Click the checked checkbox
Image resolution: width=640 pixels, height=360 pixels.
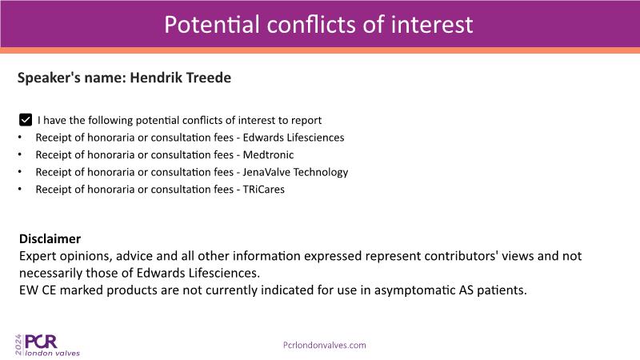(26, 120)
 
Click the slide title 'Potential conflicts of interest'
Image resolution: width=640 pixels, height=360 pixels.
(318, 25)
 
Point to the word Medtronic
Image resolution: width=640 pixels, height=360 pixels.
(268, 154)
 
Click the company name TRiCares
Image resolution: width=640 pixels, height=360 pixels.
(264, 190)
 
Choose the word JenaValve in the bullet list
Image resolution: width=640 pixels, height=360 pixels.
(266, 172)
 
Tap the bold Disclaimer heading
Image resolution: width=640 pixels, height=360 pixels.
(50, 238)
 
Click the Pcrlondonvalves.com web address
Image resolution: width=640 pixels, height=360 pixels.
(325, 346)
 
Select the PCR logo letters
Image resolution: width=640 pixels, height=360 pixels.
(41, 342)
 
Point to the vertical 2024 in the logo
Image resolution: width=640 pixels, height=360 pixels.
(18, 345)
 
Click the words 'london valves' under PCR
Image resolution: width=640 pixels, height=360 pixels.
(52, 353)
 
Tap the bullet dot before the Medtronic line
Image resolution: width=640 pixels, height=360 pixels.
(19, 154)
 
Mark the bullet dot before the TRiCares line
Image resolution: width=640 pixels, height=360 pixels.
(19, 189)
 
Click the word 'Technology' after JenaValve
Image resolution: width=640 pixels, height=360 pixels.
(321, 173)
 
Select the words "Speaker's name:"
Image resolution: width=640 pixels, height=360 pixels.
(72, 78)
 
